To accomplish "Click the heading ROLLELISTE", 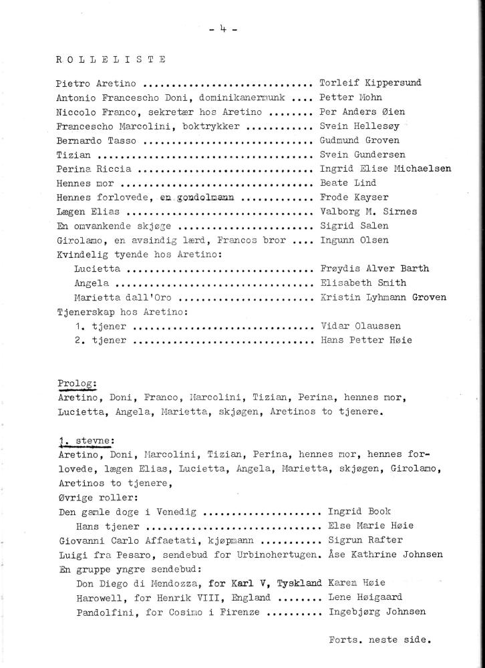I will pyautogui.click(x=112, y=59).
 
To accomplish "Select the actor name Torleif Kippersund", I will pyautogui.click(x=370, y=84).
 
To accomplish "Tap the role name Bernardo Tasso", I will pyautogui.click(x=96, y=141).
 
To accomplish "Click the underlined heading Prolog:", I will pyautogui.click(x=77, y=383).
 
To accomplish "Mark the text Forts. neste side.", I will pyautogui.click(x=379, y=639).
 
